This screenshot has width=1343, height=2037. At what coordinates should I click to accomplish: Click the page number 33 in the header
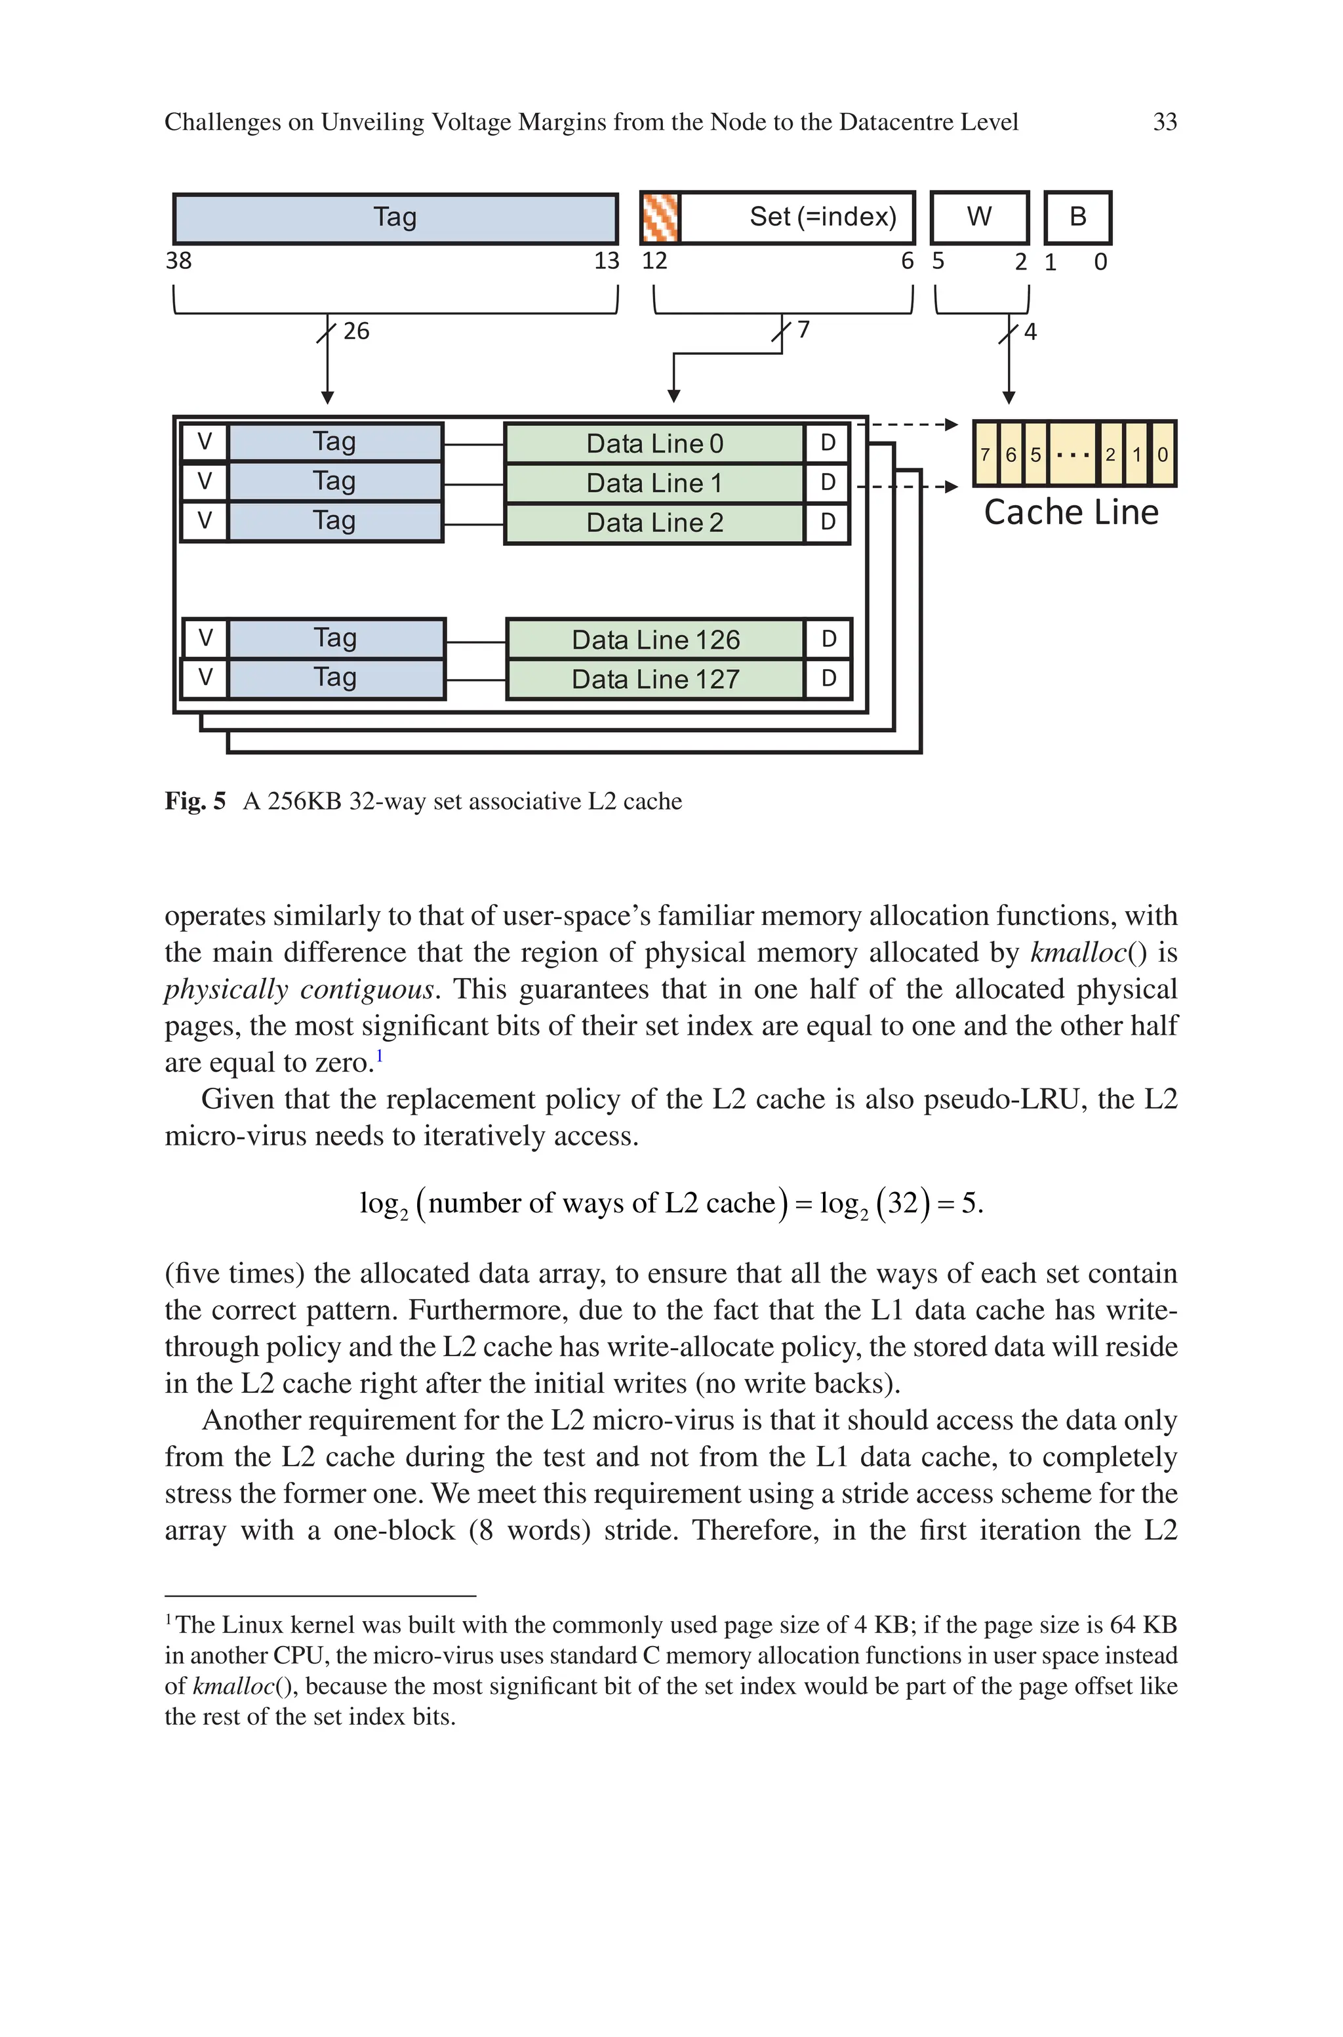(x=1164, y=123)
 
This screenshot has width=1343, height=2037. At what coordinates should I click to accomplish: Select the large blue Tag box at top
(x=395, y=218)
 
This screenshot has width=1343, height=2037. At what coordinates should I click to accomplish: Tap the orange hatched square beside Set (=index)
(x=660, y=218)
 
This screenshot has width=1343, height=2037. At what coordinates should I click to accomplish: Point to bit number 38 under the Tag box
(x=178, y=260)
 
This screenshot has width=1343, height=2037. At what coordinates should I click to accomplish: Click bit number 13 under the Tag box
(x=607, y=260)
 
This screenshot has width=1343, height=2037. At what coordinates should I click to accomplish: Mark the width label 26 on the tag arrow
(x=356, y=331)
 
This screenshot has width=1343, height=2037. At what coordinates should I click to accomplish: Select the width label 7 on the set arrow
(x=803, y=330)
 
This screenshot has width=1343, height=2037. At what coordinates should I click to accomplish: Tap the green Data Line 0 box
(x=654, y=443)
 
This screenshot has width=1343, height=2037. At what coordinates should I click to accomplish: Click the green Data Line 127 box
(x=655, y=679)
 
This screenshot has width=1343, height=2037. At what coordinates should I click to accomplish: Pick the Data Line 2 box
(x=654, y=522)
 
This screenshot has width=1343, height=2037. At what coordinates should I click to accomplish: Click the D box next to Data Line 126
(x=828, y=639)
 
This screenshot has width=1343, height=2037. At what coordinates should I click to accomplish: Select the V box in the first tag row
(x=205, y=442)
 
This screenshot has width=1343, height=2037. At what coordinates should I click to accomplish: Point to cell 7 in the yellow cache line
(x=986, y=455)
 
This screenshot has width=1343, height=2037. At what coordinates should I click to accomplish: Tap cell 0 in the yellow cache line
(x=1162, y=455)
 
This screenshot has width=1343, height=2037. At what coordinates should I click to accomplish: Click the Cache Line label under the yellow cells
(x=1071, y=512)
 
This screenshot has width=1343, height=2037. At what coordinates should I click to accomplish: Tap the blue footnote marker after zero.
(x=380, y=1057)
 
